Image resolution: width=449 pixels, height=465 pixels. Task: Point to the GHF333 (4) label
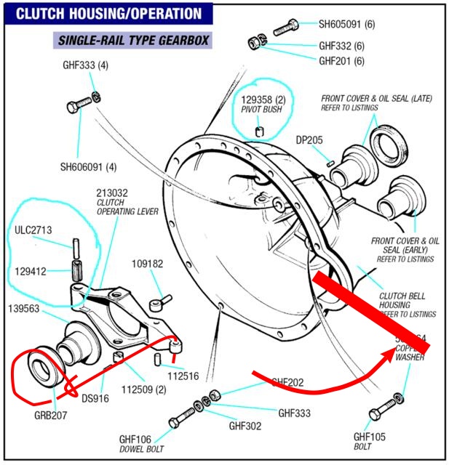[x=85, y=65]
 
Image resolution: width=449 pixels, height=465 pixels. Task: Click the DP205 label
[x=309, y=140]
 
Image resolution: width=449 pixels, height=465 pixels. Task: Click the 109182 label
[x=147, y=264]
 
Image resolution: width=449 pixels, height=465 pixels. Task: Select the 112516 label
[x=182, y=376]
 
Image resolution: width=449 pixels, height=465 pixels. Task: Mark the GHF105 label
[x=370, y=437]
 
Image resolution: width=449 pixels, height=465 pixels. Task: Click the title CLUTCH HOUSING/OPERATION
[x=109, y=14]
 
